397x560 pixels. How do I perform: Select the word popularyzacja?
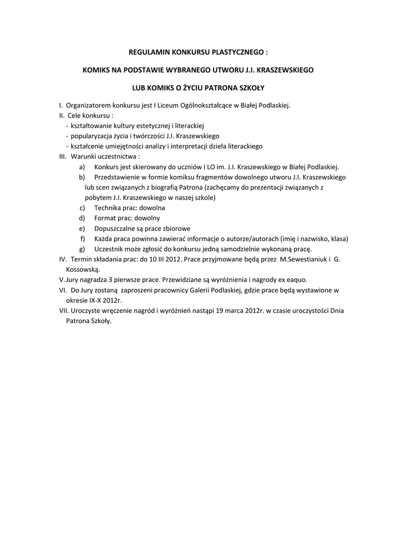pyautogui.click(x=90, y=136)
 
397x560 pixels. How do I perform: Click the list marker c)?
pyautogui.click(x=82, y=208)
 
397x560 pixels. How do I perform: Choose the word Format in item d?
pyautogui.click(x=105, y=218)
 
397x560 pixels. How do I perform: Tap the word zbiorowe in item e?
pyautogui.click(x=177, y=229)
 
